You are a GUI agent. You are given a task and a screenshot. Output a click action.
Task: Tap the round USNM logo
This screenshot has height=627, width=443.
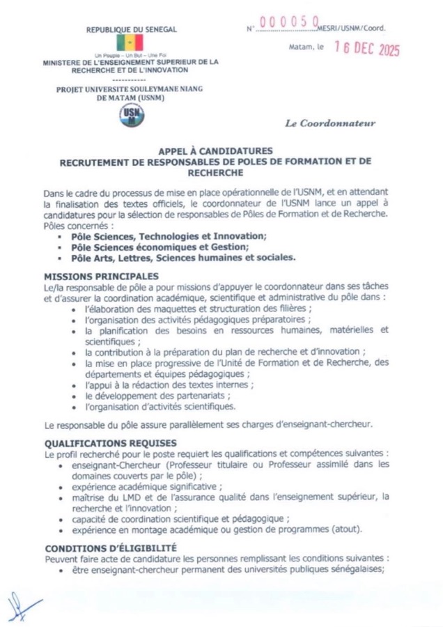[x=132, y=116]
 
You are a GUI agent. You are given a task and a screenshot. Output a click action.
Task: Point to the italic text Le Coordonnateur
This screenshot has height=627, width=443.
[x=330, y=123]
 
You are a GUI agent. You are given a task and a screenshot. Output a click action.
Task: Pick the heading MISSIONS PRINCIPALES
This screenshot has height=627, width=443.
[x=101, y=277]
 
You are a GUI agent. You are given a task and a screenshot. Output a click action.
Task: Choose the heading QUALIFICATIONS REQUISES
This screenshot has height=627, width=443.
[x=111, y=443]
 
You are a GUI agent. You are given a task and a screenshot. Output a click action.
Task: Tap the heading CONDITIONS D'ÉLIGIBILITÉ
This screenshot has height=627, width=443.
[x=111, y=547]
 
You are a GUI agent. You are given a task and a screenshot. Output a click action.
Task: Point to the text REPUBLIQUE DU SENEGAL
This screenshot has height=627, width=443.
[x=132, y=29]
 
